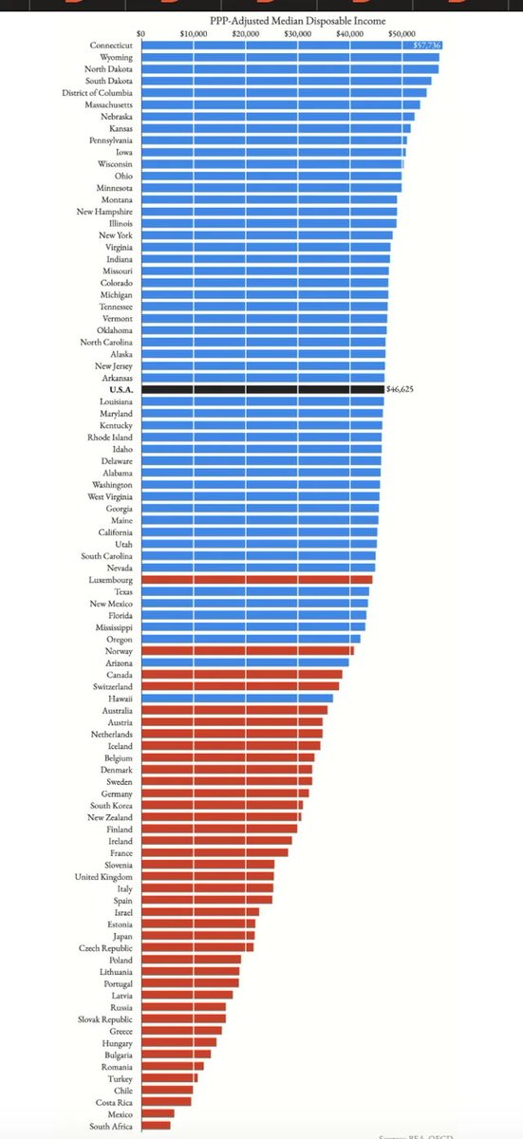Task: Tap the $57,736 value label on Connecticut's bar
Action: [427, 46]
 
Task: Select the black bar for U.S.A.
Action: [262, 389]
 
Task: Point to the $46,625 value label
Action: [406, 389]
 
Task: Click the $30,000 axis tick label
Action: [298, 34]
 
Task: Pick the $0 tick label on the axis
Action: [141, 34]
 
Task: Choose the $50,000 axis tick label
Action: [402, 34]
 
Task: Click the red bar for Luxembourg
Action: [256, 579]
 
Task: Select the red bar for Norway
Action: [247, 650]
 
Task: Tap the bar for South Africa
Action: [156, 1126]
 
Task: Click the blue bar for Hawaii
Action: [236, 698]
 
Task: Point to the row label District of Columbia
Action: [100, 93]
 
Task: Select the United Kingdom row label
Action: [104, 876]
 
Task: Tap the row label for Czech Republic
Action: [106, 947]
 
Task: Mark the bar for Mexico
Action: [158, 1113]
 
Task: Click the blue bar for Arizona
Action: [245, 663]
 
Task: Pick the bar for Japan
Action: [197, 935]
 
